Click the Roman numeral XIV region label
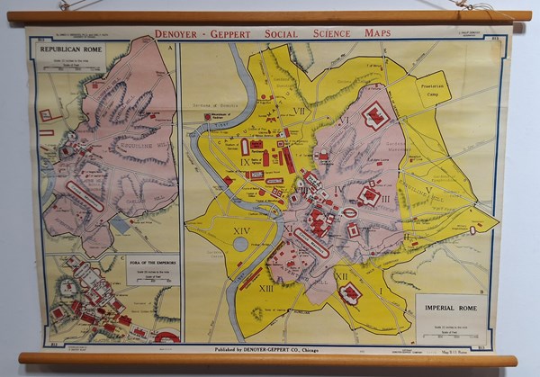[x=241, y=231]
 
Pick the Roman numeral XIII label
[x=267, y=288]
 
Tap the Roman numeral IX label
[x=245, y=162]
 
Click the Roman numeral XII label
[x=341, y=276]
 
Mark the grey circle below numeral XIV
[x=240, y=245]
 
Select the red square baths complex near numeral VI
[x=373, y=115]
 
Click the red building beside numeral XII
[x=350, y=292]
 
